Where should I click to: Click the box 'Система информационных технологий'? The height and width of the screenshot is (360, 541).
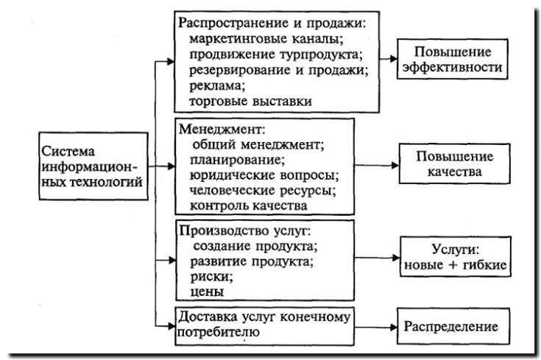tap(91, 166)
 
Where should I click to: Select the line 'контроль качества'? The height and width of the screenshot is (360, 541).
tap(243, 205)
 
